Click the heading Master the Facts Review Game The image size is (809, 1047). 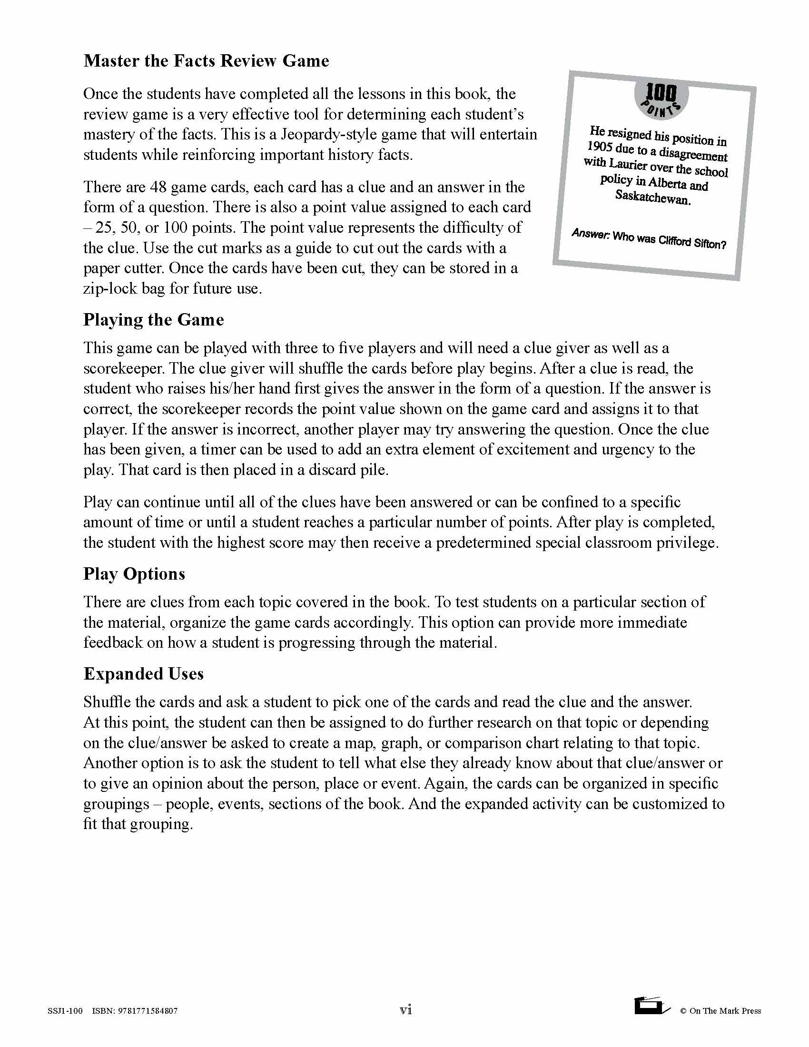[x=206, y=61]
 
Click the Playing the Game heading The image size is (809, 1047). [x=153, y=320]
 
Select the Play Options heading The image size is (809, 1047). [x=134, y=574]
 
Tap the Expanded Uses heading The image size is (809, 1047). [x=143, y=673]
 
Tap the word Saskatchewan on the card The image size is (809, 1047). [x=653, y=197]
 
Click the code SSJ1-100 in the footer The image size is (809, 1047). [x=65, y=1011]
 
